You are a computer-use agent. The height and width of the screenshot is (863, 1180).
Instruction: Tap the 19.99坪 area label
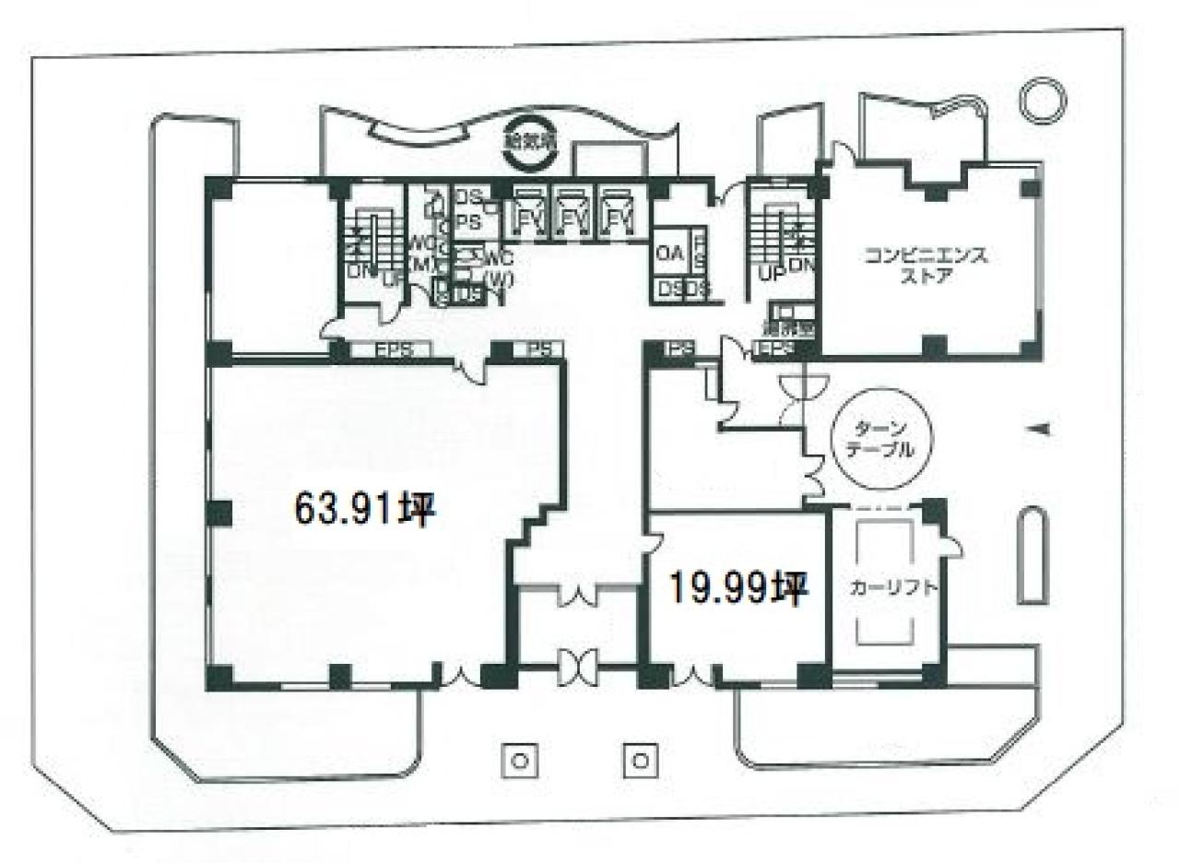click(738, 586)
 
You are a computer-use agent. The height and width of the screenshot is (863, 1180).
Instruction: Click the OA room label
click(667, 253)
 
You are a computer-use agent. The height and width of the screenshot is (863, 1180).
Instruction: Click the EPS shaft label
click(393, 350)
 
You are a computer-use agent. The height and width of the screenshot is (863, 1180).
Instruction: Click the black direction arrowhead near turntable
click(1038, 427)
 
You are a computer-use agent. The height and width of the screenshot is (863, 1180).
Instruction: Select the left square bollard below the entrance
click(519, 761)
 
